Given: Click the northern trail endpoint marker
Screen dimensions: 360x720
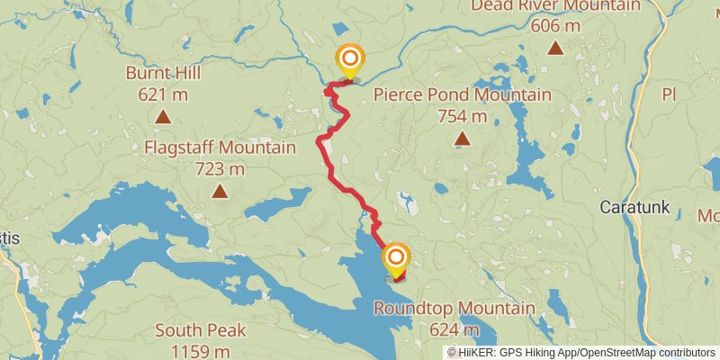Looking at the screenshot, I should click(x=349, y=60).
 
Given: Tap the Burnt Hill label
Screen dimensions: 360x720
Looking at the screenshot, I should click(x=163, y=74).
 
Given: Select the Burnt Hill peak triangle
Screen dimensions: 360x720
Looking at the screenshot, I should click(x=163, y=116).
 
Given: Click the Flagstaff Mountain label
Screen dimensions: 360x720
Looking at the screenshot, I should click(x=220, y=148).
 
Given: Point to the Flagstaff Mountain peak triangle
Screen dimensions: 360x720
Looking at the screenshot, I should click(x=220, y=191).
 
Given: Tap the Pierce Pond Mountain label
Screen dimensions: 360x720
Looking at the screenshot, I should click(x=462, y=95).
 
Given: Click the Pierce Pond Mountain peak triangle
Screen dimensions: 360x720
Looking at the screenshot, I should click(x=462, y=138).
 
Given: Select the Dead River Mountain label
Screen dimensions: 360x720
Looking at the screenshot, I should click(x=554, y=5).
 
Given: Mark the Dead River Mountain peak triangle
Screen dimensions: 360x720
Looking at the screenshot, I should click(x=554, y=49).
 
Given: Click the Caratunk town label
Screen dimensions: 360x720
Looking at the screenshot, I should click(x=635, y=208).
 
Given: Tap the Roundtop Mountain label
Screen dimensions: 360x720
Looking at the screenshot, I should click(x=454, y=310).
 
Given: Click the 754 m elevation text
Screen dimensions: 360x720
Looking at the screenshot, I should click(x=462, y=115).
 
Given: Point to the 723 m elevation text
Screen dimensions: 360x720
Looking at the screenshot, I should click(x=220, y=168).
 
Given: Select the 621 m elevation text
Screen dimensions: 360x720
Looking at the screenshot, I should click(x=163, y=94).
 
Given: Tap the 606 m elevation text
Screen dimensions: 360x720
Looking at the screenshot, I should click(x=554, y=25).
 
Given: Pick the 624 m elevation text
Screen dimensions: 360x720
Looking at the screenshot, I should click(x=454, y=329).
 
